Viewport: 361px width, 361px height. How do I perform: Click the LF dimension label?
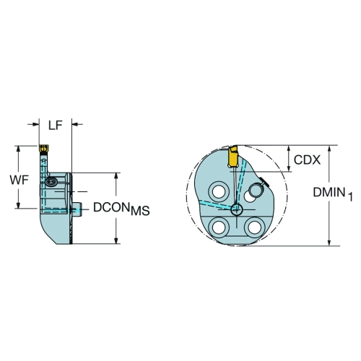56,126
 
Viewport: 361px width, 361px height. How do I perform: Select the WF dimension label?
19,180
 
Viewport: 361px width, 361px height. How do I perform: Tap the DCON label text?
111,207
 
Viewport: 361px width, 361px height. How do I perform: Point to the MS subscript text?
140,211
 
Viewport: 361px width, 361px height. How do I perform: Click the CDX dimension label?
307,160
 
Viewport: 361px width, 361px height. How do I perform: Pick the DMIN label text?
329,192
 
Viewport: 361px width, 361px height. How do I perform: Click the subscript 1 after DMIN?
350,196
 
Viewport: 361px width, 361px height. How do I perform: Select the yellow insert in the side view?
44,148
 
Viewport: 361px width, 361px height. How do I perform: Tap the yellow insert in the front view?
232,156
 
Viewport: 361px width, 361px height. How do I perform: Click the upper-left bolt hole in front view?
219,191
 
